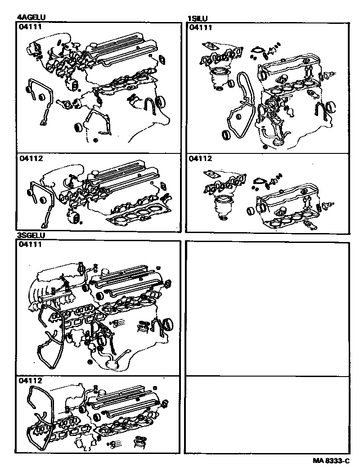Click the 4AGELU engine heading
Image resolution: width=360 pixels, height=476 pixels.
31,18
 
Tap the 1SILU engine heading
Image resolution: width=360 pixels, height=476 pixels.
198,18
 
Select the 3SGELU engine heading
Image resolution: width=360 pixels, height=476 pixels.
31,235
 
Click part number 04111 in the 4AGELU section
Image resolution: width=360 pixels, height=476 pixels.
30,27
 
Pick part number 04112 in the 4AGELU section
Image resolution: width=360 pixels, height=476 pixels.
30,159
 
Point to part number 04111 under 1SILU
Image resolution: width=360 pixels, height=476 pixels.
201,27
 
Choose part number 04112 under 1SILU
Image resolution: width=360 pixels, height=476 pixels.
201,159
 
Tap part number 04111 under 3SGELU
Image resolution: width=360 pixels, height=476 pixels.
30,244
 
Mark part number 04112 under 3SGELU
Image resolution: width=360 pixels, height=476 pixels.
30,381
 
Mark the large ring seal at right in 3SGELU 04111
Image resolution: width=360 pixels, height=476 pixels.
168,323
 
